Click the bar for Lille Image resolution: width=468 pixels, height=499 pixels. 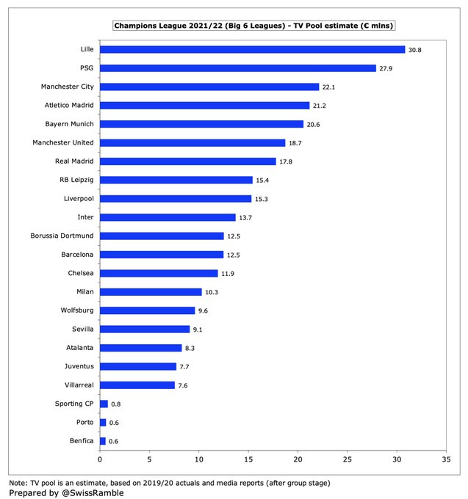click(252, 49)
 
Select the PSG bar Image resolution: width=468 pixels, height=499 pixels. click(237, 68)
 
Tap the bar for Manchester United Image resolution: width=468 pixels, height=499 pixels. click(192, 142)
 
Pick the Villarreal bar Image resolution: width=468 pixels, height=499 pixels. click(137, 385)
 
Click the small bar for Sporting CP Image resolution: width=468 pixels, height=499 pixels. click(104, 404)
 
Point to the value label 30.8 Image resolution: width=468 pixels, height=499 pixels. click(415, 50)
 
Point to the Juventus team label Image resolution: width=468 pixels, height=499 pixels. click(77, 366)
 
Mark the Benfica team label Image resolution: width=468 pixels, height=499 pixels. click(79, 441)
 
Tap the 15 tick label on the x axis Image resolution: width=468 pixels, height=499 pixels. click(248, 460)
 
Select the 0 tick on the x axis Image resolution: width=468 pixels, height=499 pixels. click(100, 460)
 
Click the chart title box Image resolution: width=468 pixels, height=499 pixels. click(253, 26)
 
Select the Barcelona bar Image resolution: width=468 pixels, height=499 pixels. click(162, 255)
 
